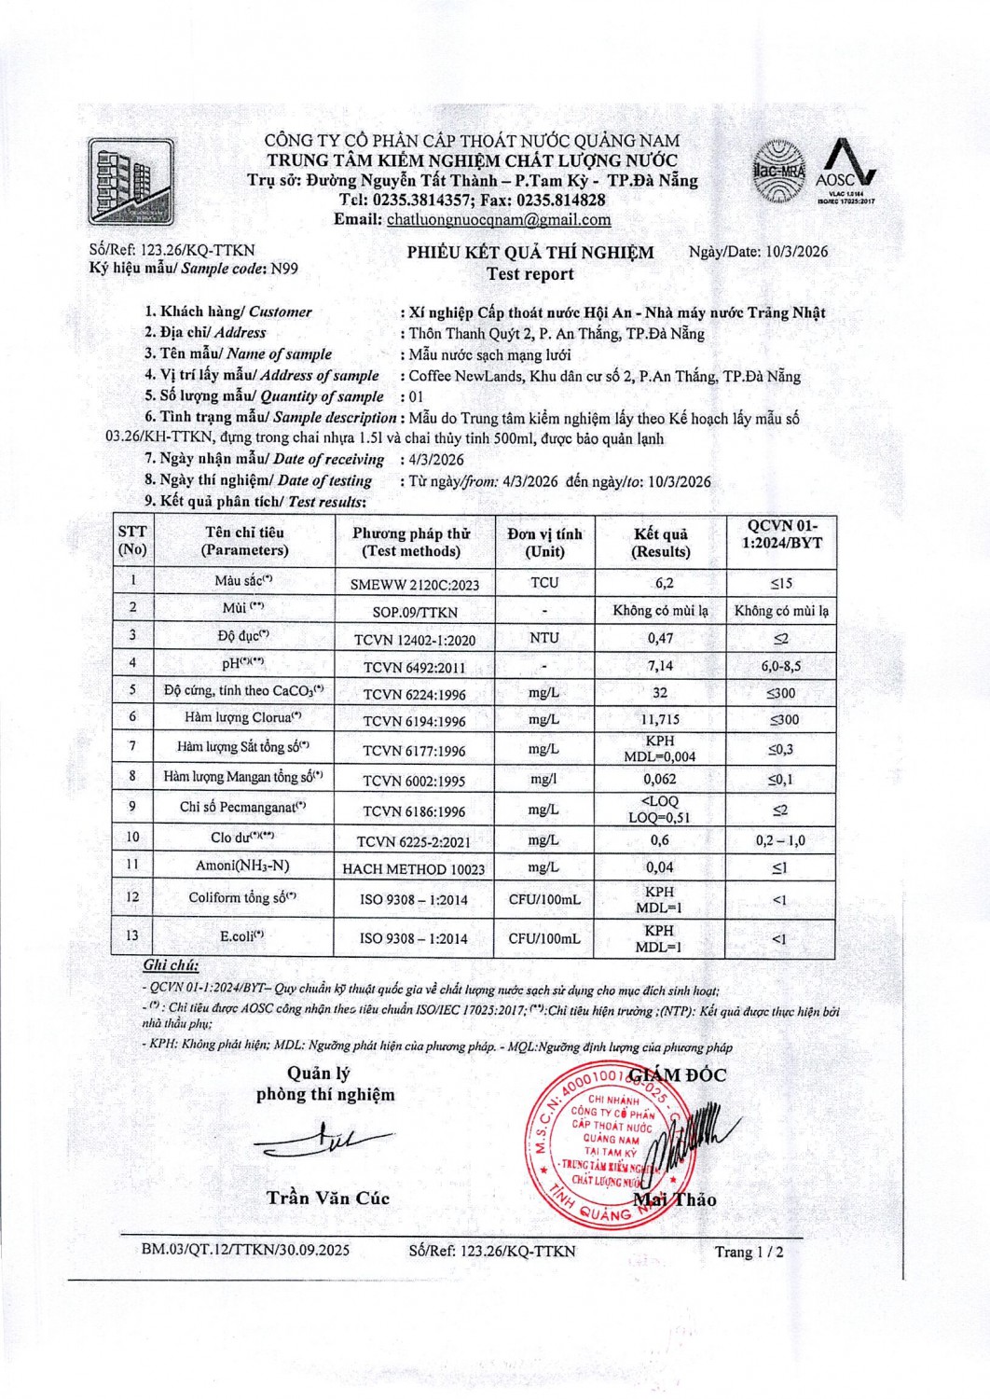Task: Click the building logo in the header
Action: click(131, 182)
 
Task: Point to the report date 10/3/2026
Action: click(796, 251)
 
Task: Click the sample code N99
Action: click(284, 269)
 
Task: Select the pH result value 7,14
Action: click(660, 666)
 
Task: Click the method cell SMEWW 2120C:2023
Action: click(415, 585)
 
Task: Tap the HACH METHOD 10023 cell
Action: click(414, 869)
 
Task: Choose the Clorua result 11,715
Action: click(661, 720)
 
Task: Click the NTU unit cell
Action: click(544, 638)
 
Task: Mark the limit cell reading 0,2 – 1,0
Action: click(780, 840)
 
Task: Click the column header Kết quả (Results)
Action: click(661, 542)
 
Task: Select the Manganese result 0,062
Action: click(660, 779)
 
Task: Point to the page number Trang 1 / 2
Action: click(749, 1252)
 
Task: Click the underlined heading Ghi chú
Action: click(171, 965)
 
